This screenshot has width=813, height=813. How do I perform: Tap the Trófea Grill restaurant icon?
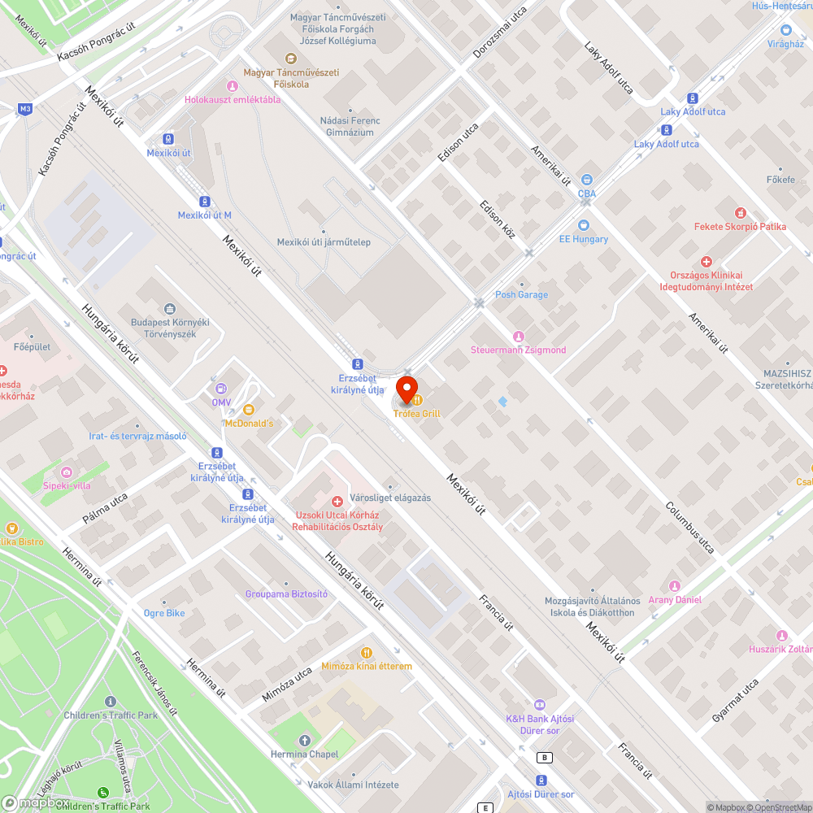[417, 399]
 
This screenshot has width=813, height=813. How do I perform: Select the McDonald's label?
[249, 424]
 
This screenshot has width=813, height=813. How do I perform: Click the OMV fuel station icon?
[221, 387]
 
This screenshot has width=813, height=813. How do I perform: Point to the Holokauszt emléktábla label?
[233, 100]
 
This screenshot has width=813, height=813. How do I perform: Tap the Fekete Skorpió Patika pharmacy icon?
[740, 212]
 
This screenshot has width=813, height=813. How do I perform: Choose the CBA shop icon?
[587, 180]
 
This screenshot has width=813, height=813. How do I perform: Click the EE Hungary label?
[583, 239]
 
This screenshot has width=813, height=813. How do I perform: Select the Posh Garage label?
[522, 294]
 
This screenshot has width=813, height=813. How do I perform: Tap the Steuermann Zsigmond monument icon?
[519, 336]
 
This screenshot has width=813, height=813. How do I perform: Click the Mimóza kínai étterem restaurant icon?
[367, 652]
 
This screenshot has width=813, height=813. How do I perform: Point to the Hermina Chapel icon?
[305, 740]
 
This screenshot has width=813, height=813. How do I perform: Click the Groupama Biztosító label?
[286, 594]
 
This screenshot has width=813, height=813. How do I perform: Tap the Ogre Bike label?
[164, 613]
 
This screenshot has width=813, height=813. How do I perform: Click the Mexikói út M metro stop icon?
[205, 201]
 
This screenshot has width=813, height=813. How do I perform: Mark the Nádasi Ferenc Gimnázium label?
[350, 127]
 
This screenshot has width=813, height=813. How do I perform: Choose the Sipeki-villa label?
[67, 485]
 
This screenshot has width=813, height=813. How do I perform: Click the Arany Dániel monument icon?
[674, 586]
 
